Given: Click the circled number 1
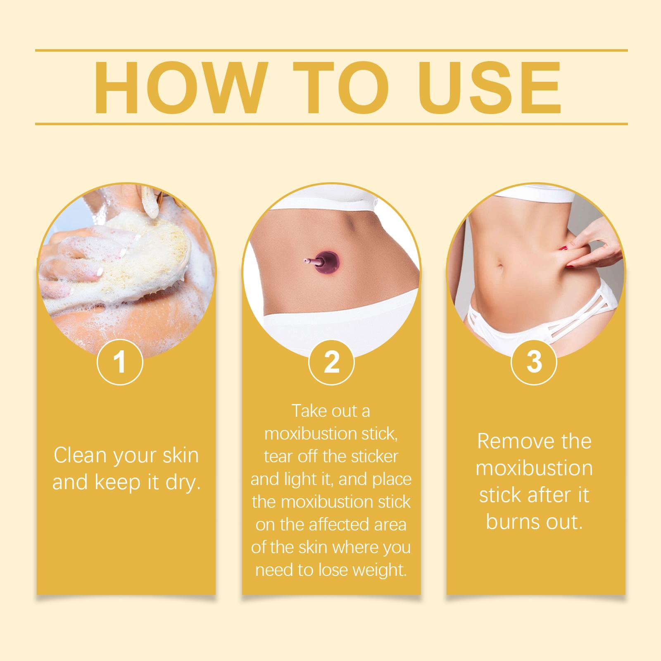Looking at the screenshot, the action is tap(120, 362).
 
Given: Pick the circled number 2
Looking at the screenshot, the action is tap(331, 362).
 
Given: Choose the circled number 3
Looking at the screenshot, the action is tap(534, 362).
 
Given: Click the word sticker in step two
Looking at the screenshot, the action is tap(375, 456).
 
